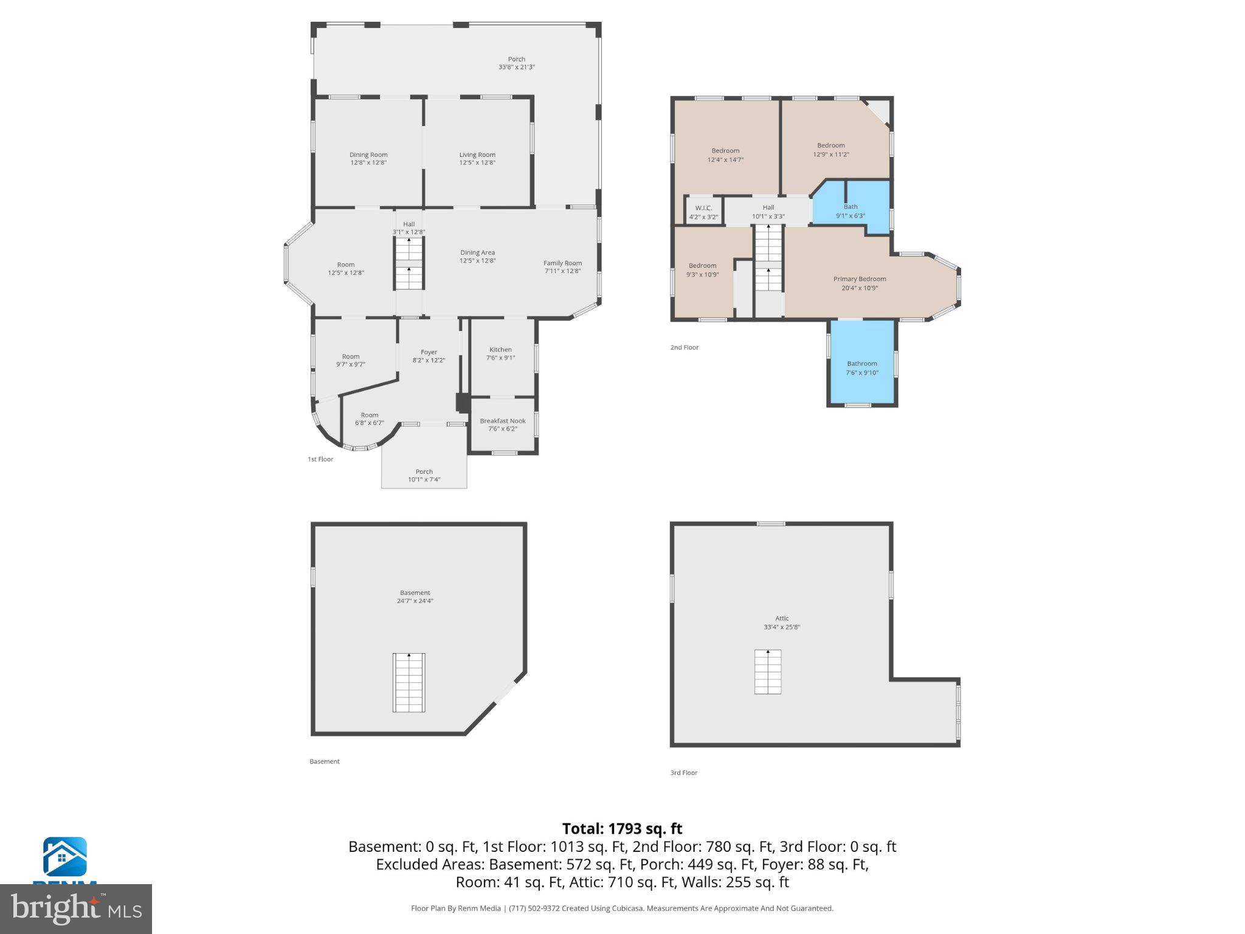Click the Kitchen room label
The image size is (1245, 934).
500,350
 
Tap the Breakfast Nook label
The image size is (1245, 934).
502,421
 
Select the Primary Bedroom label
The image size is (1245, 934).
859,279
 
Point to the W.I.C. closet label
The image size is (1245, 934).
703,208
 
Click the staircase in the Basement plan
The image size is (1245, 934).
409,682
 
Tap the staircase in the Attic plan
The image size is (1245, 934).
768,671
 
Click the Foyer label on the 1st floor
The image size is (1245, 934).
429,352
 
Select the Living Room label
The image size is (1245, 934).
477,155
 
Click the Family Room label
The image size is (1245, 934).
562,263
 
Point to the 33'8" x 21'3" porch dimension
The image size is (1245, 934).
516,67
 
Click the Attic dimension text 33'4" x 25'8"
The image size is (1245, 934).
782,627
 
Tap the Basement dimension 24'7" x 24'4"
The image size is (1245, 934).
415,601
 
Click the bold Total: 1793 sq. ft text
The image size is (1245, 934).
622,829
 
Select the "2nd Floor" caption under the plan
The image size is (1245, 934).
685,347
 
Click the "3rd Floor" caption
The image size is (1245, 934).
684,773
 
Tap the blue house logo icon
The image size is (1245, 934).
64,857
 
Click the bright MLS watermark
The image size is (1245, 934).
76,909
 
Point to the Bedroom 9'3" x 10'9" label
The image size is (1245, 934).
702,266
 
